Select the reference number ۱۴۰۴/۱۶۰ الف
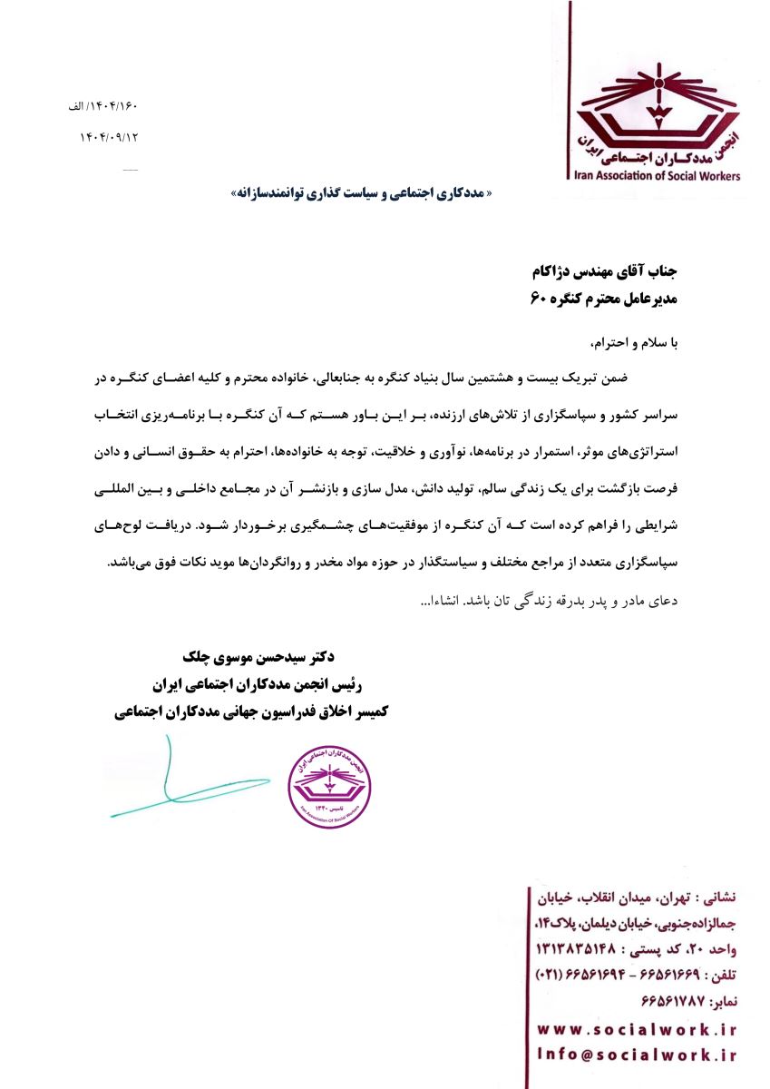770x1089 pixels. coord(102,106)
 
